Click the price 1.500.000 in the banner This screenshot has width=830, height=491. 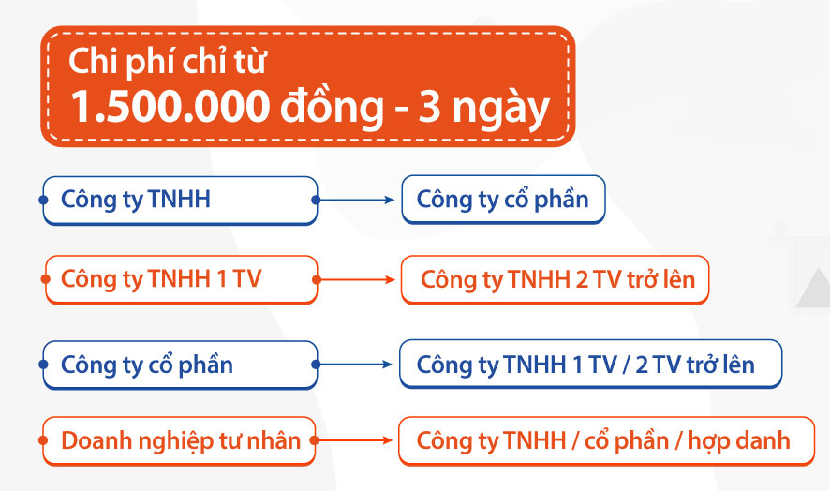(170, 107)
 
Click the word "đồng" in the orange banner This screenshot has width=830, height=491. (332, 108)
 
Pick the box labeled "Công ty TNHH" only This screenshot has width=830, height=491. (180, 201)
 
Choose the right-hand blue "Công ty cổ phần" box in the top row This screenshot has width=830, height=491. (503, 200)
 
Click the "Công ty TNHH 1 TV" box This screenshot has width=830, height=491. (181, 279)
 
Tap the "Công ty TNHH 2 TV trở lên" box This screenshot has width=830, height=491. (555, 279)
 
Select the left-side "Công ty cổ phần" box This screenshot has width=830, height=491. (180, 365)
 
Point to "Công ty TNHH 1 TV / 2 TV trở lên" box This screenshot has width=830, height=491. (590, 364)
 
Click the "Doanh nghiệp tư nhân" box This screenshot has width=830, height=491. (179, 440)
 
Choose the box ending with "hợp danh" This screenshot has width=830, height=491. (606, 440)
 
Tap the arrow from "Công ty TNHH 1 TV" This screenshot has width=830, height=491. (354, 279)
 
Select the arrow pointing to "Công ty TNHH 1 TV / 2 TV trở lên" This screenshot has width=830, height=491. (352, 365)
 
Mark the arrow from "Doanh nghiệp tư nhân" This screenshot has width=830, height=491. (351, 440)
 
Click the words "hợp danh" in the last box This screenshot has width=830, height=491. (739, 441)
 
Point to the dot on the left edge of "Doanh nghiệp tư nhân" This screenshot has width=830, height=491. (43, 440)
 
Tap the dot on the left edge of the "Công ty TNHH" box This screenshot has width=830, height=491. (43, 200)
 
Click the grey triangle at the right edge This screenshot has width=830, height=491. (815, 290)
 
